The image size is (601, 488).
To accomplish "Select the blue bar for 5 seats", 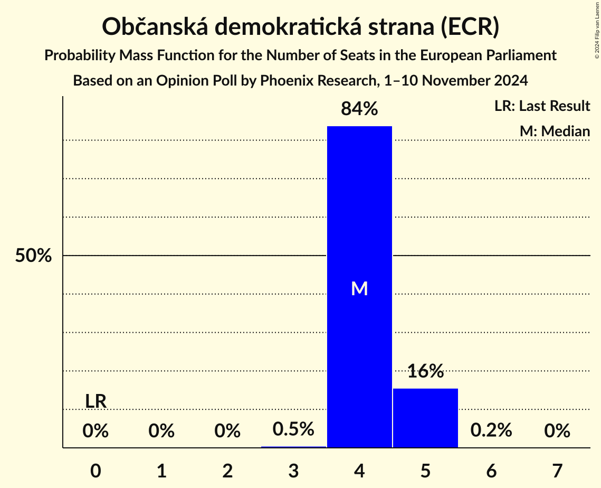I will click(x=425, y=418).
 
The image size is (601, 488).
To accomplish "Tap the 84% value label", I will click(x=359, y=109).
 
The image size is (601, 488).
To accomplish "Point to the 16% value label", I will click(x=425, y=371).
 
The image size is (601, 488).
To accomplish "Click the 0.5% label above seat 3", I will click(x=293, y=429).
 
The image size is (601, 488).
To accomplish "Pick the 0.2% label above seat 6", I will click(x=491, y=430).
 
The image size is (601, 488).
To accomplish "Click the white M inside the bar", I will click(x=359, y=288).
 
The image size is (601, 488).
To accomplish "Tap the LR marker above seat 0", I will click(x=96, y=401).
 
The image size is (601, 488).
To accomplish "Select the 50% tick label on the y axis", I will click(x=33, y=256).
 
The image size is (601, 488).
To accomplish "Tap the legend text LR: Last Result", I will click(x=542, y=106).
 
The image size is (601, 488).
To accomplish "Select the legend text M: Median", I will click(x=555, y=131).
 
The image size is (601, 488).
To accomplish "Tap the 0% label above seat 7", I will click(x=557, y=431).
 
